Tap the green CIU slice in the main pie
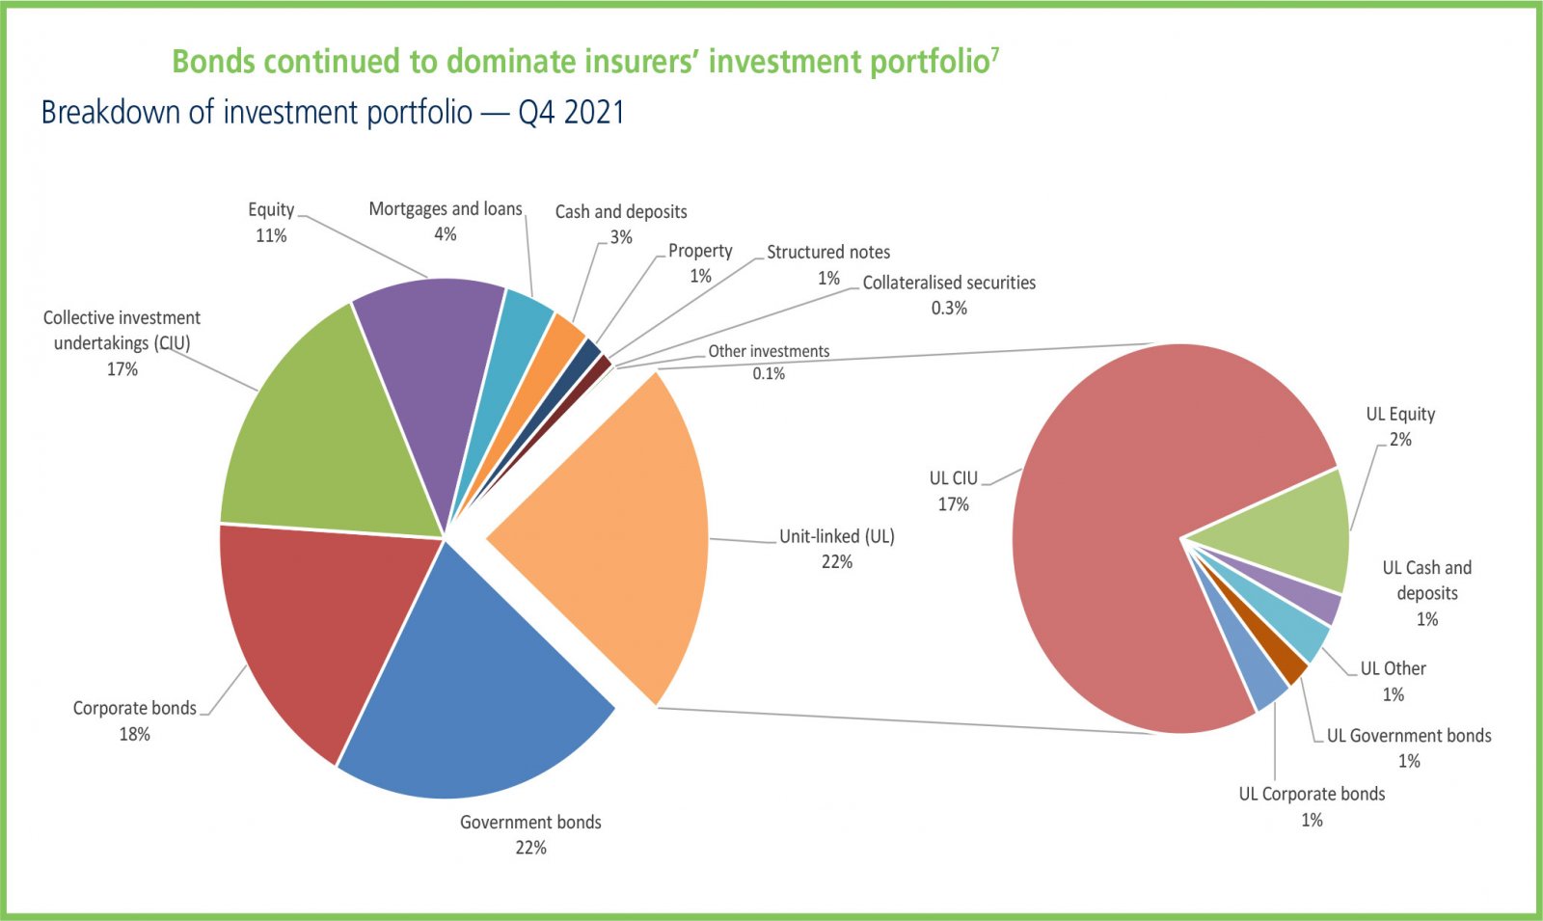[x=328, y=434]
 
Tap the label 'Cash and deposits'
[x=621, y=212]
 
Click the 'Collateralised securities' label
[x=949, y=283]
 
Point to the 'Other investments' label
[x=769, y=351]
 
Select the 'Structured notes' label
[x=828, y=252]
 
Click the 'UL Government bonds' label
[x=1409, y=736]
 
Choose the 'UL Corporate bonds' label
[x=1312, y=794]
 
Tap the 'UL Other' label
[x=1393, y=668]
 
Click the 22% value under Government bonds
[x=530, y=848]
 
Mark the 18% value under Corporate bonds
[x=134, y=734]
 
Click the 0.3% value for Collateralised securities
[x=949, y=309]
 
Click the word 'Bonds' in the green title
[x=213, y=62]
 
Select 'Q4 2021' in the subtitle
[x=571, y=113]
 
